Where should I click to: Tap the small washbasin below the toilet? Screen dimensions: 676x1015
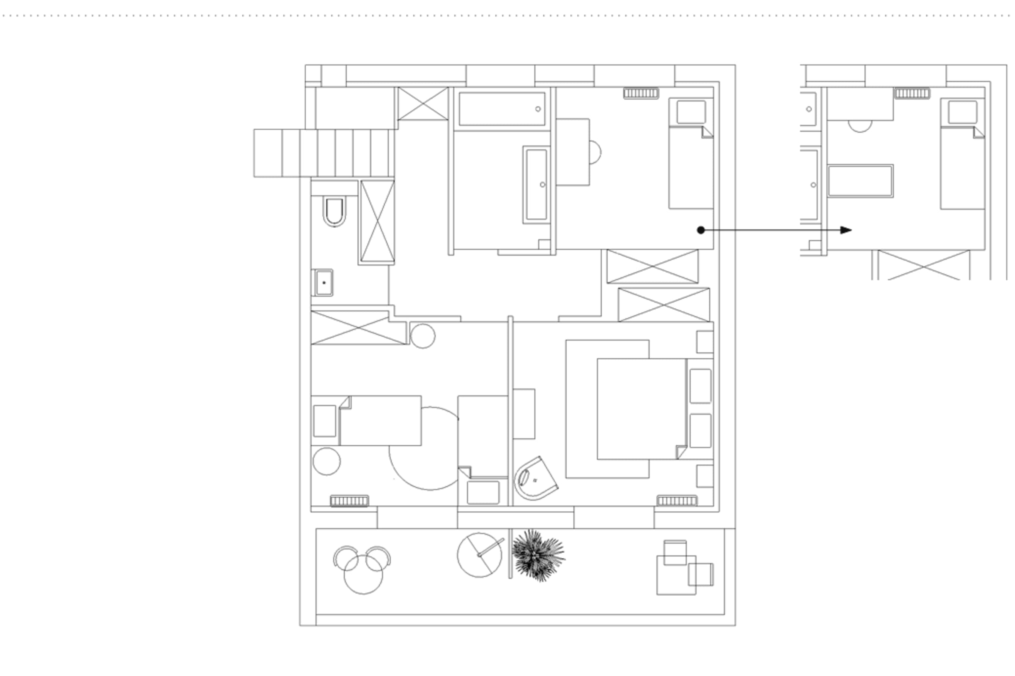tap(323, 283)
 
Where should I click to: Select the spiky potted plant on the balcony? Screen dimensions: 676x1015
tap(538, 555)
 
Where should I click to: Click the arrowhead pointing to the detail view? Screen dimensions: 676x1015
tap(846, 230)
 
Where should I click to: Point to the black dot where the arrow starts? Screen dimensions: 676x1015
tap(701, 230)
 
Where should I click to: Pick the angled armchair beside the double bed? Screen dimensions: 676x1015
tap(535, 479)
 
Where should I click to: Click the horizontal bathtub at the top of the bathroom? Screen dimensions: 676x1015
tap(502, 109)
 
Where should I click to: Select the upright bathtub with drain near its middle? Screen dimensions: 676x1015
tap(536, 185)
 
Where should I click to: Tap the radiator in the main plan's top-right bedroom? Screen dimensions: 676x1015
tap(641, 93)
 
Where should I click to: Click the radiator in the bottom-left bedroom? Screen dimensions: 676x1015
tap(350, 501)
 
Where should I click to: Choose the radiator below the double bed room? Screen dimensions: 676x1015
tap(677, 501)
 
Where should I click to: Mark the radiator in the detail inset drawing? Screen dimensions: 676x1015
tap(912, 93)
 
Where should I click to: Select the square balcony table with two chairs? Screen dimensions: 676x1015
tap(676, 575)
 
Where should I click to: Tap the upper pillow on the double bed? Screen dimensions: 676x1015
tap(700, 386)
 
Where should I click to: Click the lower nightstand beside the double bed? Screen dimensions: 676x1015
tap(705, 476)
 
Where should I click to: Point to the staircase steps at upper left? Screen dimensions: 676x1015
tap(324, 153)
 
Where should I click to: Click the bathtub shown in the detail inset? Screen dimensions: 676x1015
tap(860, 181)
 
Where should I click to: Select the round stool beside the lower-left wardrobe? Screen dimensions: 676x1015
tap(422, 336)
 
